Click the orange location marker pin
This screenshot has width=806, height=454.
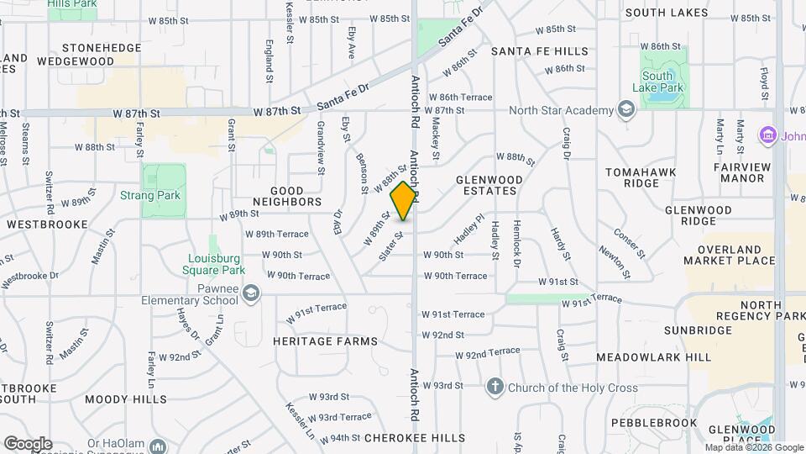point(404,201)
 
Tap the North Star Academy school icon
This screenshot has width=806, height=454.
point(626,110)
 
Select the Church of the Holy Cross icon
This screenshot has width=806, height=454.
point(495,387)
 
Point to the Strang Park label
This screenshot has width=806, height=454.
point(162,196)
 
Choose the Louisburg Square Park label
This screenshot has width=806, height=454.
point(213,265)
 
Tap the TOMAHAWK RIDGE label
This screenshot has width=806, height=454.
point(642,177)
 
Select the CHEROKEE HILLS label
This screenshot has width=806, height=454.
point(414,438)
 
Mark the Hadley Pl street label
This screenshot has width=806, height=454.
point(470,229)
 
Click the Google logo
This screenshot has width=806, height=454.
point(28,444)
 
